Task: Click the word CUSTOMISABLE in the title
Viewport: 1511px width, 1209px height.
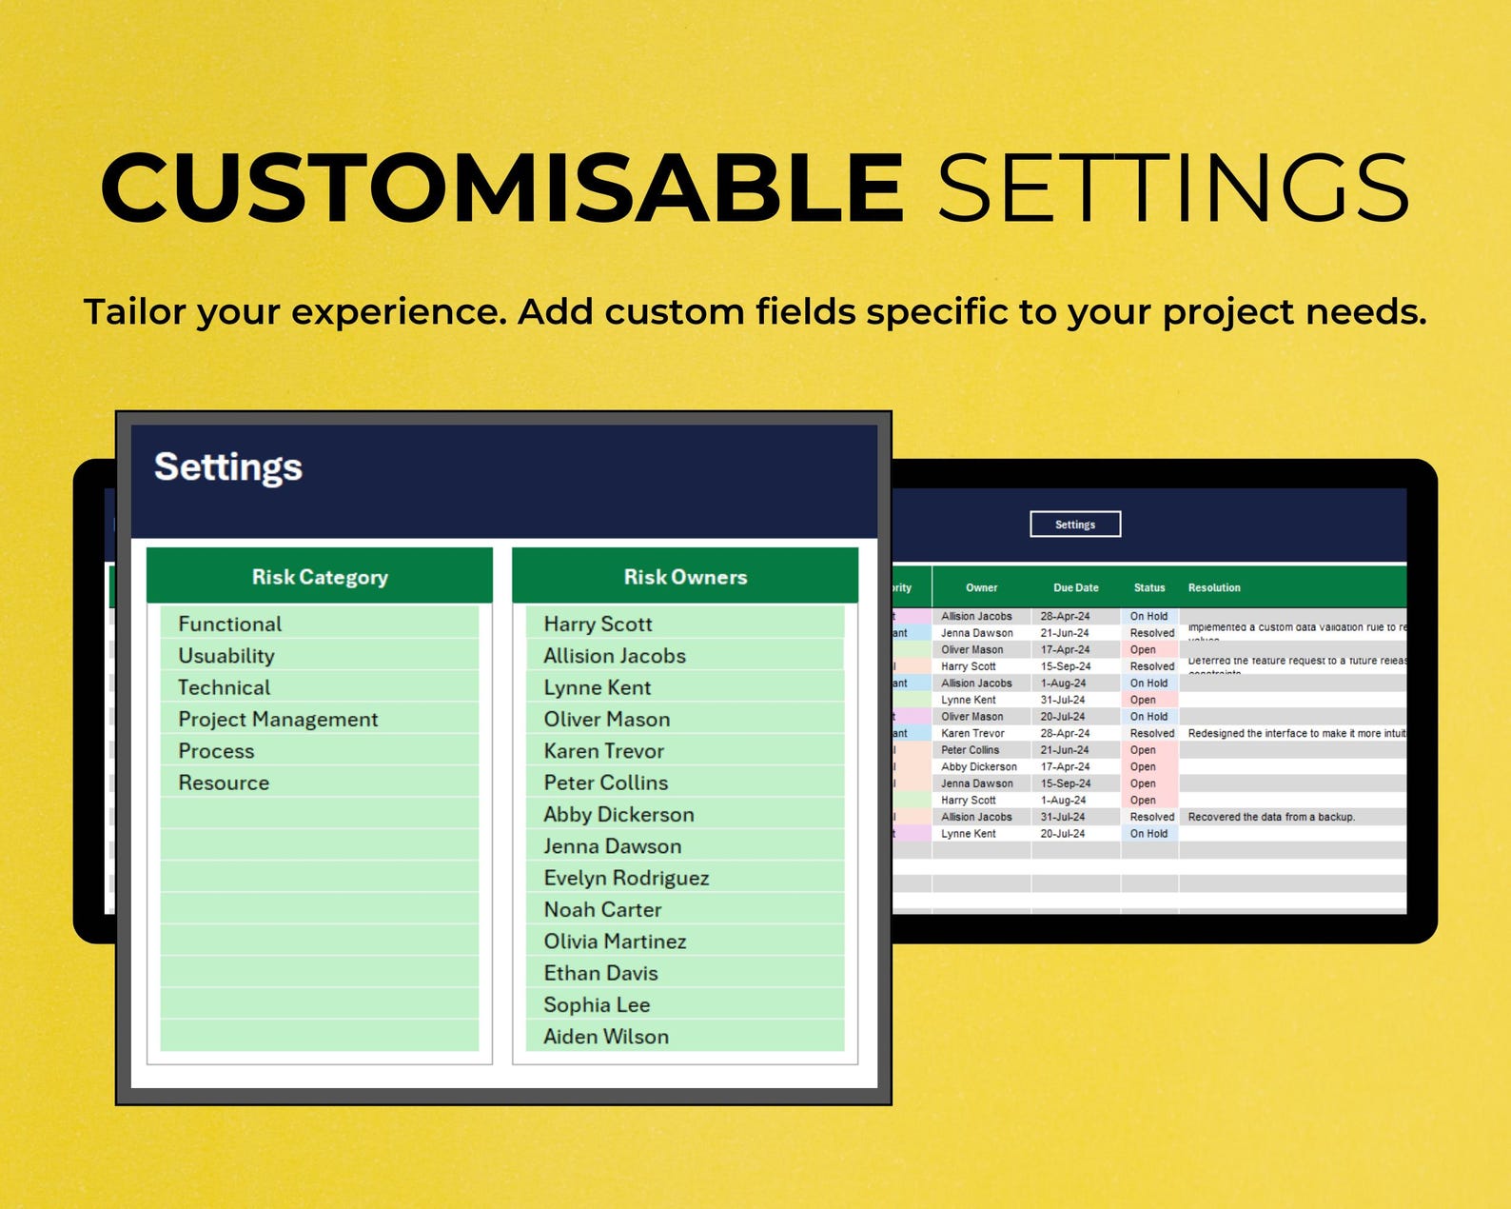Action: point(501,188)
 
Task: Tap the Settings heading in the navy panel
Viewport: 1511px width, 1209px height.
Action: point(228,467)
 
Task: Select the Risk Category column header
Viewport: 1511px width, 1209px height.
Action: point(320,577)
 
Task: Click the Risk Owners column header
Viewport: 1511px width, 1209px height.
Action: point(685,577)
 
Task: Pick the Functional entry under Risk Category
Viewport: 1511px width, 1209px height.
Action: point(230,624)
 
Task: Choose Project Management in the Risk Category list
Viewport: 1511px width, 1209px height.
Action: point(278,720)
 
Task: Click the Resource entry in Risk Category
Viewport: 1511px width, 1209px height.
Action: point(224,783)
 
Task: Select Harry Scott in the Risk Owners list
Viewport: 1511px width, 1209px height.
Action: point(598,624)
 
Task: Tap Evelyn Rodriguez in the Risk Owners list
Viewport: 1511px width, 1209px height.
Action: point(626,878)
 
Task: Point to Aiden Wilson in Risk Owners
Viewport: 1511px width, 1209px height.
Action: point(606,1037)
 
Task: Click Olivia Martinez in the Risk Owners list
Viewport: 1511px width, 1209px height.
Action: point(615,941)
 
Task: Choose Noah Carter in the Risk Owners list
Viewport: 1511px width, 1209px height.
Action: point(602,910)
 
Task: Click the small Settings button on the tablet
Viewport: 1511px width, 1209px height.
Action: point(1075,525)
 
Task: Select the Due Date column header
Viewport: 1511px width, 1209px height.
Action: point(1076,588)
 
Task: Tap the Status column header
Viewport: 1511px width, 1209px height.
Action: point(1149,588)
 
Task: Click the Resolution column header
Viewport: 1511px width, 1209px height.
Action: point(1214,588)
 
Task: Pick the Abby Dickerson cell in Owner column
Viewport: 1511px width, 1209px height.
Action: point(979,767)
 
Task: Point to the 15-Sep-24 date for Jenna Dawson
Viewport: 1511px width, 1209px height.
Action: point(1066,783)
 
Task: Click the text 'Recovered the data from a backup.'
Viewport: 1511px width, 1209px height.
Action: point(1271,817)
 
